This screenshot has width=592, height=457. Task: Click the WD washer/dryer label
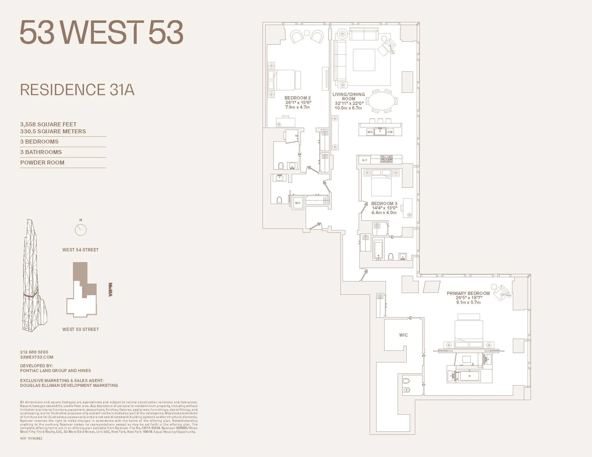point(298,203)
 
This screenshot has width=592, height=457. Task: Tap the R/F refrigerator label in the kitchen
point(365,160)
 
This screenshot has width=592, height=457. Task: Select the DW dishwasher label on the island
point(390,132)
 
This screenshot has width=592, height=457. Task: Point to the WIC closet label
point(403,335)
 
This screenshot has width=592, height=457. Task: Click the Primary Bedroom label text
point(468,293)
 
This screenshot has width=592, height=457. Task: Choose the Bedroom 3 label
point(384,203)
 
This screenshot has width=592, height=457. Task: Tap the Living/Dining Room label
point(348,97)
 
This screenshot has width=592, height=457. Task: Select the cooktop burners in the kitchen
point(386,159)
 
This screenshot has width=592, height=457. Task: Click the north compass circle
point(80,230)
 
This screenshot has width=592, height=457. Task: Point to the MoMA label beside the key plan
point(110,290)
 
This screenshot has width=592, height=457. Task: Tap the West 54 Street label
point(80,250)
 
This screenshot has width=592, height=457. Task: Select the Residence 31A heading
point(77,90)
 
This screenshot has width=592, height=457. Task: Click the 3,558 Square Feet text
point(48,124)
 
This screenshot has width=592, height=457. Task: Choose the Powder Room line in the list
point(42,162)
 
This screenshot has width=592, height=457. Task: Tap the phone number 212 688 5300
point(34,352)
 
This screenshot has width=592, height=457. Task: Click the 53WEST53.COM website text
point(37,357)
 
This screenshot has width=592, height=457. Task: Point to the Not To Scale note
point(31,438)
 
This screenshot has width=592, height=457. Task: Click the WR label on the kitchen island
point(370,132)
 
